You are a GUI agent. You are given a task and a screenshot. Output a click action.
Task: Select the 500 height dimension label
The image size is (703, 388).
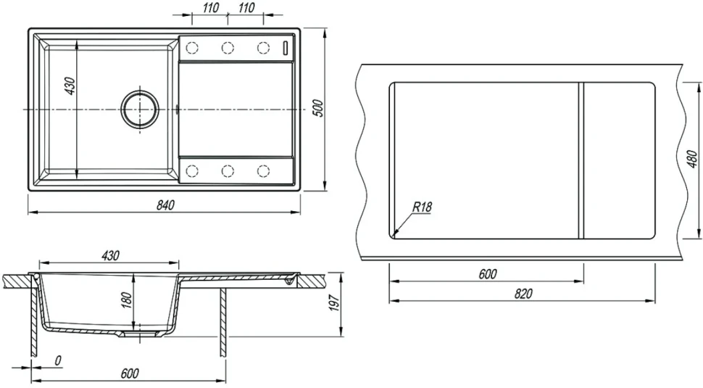pos(317,108)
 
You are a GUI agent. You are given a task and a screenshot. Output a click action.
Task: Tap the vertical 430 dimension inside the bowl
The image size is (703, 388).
pos(70,86)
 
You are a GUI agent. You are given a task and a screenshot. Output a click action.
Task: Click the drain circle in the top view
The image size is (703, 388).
pos(140,110)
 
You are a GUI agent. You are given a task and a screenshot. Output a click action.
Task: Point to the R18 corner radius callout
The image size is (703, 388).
pos(422,207)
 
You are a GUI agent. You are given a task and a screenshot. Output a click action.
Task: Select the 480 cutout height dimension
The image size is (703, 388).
pos(692,159)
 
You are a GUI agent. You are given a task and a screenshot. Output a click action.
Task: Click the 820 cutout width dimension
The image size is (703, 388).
pos(523,294)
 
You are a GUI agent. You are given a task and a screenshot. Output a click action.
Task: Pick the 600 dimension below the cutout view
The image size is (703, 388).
pos(488,274)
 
